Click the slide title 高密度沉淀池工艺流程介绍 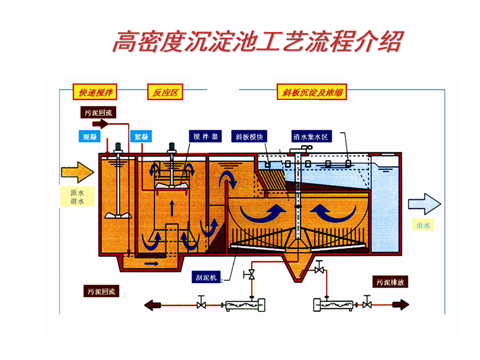pyautogui.click(x=256, y=41)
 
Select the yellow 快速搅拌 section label pyautogui.click(x=95, y=92)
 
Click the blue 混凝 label pyautogui.click(x=90, y=136)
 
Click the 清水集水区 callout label pyautogui.click(x=310, y=136)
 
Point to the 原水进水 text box pyautogui.click(x=76, y=197)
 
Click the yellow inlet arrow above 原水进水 pyautogui.click(x=77, y=172)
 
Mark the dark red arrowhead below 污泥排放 pyautogui.click(x=401, y=304)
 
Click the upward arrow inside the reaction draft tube pyautogui.click(x=172, y=206)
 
